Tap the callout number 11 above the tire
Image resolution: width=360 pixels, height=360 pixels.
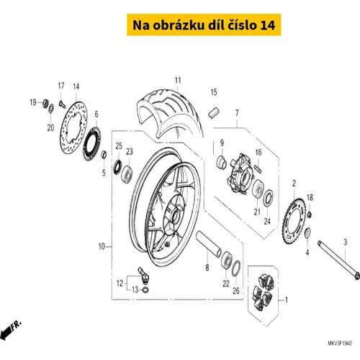178,81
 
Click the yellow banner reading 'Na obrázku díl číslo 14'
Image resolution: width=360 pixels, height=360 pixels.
204,24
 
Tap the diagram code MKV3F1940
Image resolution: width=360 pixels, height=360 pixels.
340,343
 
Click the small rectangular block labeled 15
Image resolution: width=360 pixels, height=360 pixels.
214,112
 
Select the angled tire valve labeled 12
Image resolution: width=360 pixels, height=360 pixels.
143,274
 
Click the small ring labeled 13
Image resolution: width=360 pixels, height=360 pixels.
145,290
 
